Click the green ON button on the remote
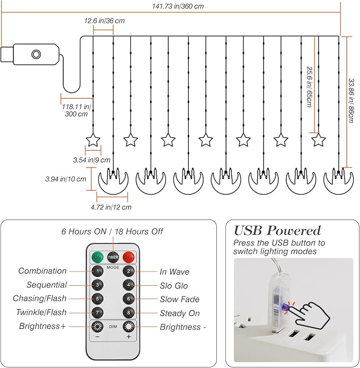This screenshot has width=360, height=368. point(98,257)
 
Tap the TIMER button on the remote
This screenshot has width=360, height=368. point(113,257)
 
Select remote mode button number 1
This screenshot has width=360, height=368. point(98,271)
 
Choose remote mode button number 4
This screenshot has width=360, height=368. point(129,285)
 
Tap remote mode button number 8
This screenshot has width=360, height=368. point(129,313)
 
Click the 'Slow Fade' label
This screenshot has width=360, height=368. point(180,299)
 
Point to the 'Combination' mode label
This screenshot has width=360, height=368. point(42,271)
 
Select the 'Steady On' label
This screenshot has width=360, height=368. point(180,313)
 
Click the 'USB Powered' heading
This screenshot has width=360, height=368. point(277,231)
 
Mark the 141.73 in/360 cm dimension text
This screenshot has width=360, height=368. point(178,6)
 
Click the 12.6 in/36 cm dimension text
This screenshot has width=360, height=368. point(104,21)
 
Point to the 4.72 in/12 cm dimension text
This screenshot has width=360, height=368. point(111,207)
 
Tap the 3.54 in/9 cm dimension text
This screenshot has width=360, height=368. point(92,160)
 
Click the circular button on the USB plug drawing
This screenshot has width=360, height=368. point(36,55)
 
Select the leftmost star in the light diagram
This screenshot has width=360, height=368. point(93,141)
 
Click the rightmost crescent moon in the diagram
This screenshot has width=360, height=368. point(338,181)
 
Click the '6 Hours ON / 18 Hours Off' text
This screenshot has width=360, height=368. point(112,232)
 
